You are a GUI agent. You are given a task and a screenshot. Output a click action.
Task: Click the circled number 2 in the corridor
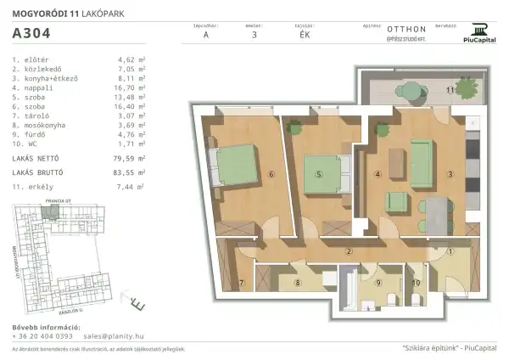tap(349, 251)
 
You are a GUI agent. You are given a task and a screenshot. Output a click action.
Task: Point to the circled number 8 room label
tap(298, 283)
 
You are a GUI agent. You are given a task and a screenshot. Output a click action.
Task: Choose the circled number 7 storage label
tap(241, 283)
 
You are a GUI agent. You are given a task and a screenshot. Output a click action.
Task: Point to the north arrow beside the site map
tap(136, 300)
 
